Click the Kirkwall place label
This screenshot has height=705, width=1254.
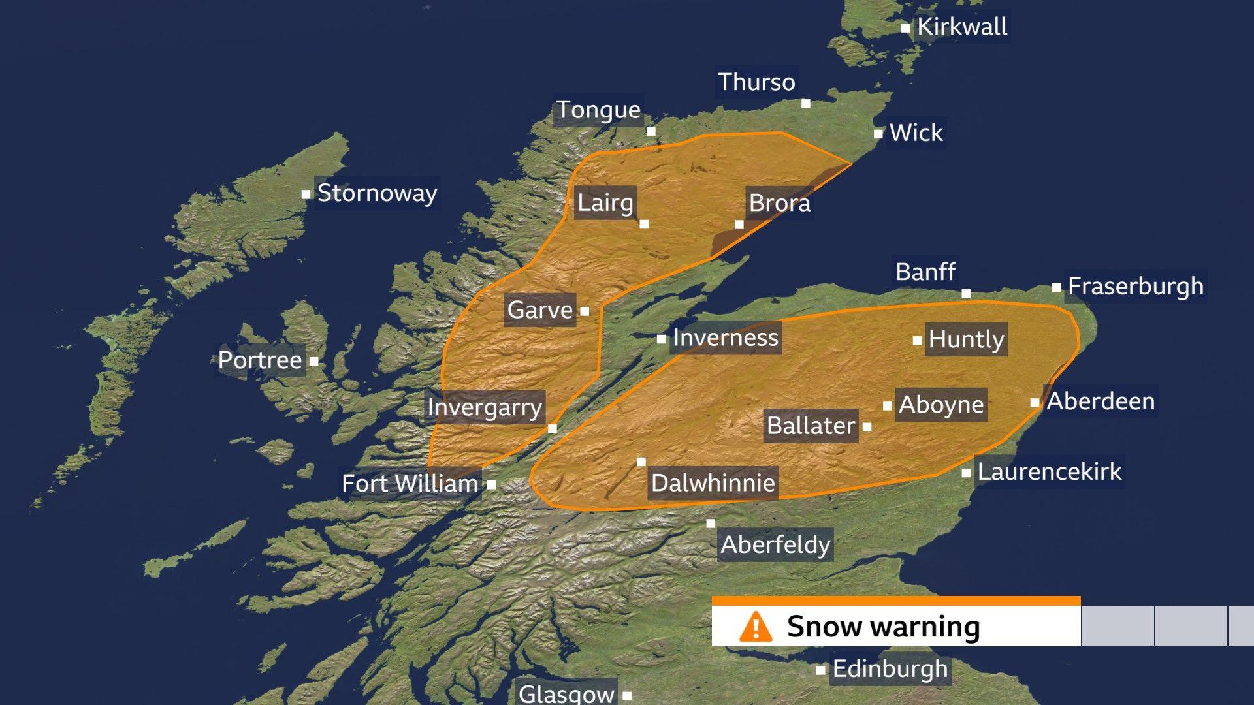[962, 27]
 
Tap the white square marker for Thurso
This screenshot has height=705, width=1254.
[806, 104]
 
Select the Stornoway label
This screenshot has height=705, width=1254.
[377, 193]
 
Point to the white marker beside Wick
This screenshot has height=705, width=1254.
[878, 134]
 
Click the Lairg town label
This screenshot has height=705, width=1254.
[605, 203]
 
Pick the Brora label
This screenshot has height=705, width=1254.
[780, 203]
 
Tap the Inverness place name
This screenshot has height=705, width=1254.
[726, 338]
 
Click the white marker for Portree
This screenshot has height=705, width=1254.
[314, 361]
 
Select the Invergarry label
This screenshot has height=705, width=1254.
[485, 408]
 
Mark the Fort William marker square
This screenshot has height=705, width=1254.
[491, 484]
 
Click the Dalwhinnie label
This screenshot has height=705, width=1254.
[713, 483]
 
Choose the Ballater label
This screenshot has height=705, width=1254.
[811, 426]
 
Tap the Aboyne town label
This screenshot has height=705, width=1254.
[941, 405]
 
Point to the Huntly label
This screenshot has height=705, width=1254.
[966, 339]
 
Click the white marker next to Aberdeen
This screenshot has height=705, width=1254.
[1035, 403]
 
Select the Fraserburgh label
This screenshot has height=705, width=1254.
[1136, 287]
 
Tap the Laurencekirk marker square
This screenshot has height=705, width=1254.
[967, 473]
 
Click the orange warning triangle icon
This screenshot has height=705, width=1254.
[756, 626]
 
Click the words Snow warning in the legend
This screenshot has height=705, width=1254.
[883, 627]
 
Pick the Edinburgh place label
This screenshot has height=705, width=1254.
[890, 669]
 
